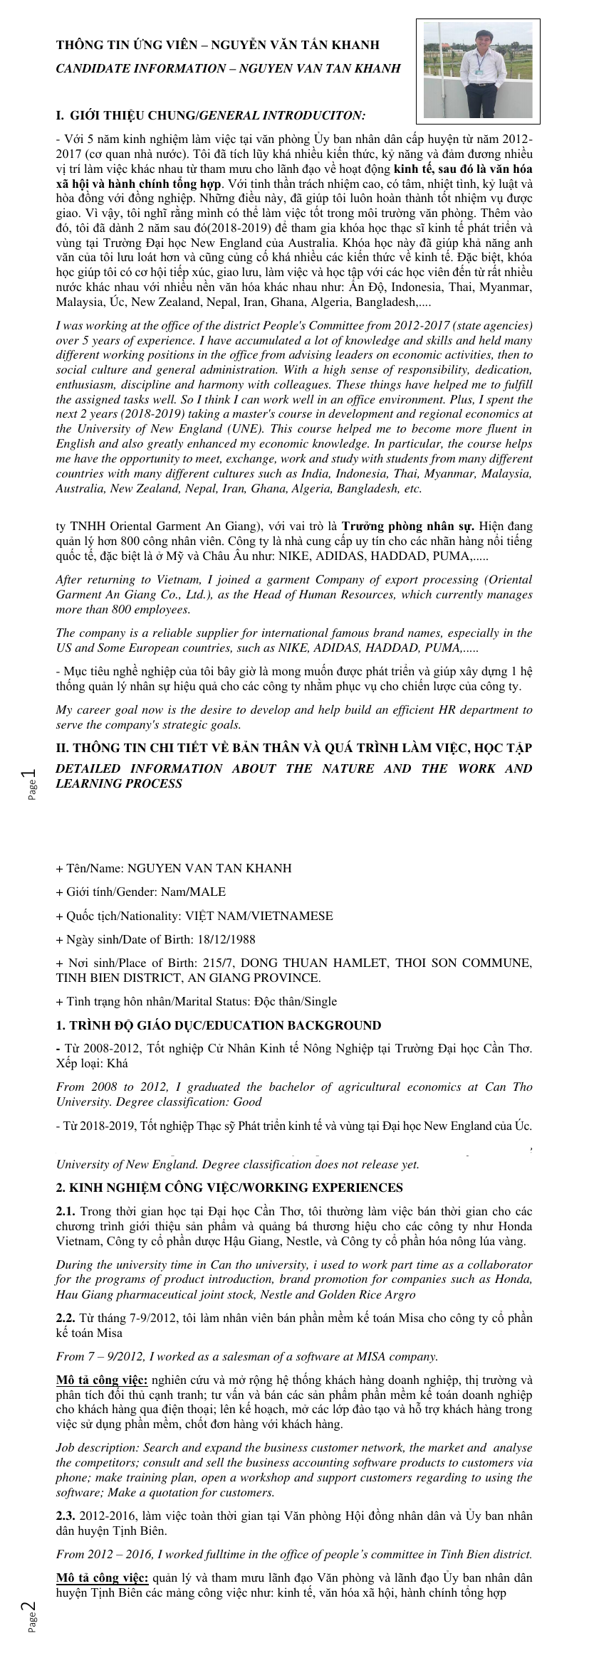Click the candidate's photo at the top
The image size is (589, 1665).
(x=478, y=70)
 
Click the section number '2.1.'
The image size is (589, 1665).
(x=66, y=1212)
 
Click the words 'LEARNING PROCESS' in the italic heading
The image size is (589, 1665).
(x=119, y=784)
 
